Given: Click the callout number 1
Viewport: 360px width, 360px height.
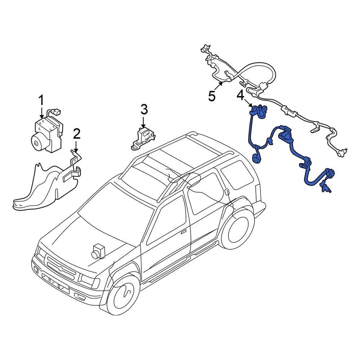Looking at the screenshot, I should pos(41,100).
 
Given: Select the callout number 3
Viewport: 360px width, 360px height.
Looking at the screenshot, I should pos(144,109).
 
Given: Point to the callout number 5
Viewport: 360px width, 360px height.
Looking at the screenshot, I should pos(212,96).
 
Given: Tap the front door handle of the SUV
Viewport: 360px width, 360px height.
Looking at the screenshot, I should pos(184,232).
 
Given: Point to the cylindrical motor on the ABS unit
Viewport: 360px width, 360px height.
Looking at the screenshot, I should pos(39,142).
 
